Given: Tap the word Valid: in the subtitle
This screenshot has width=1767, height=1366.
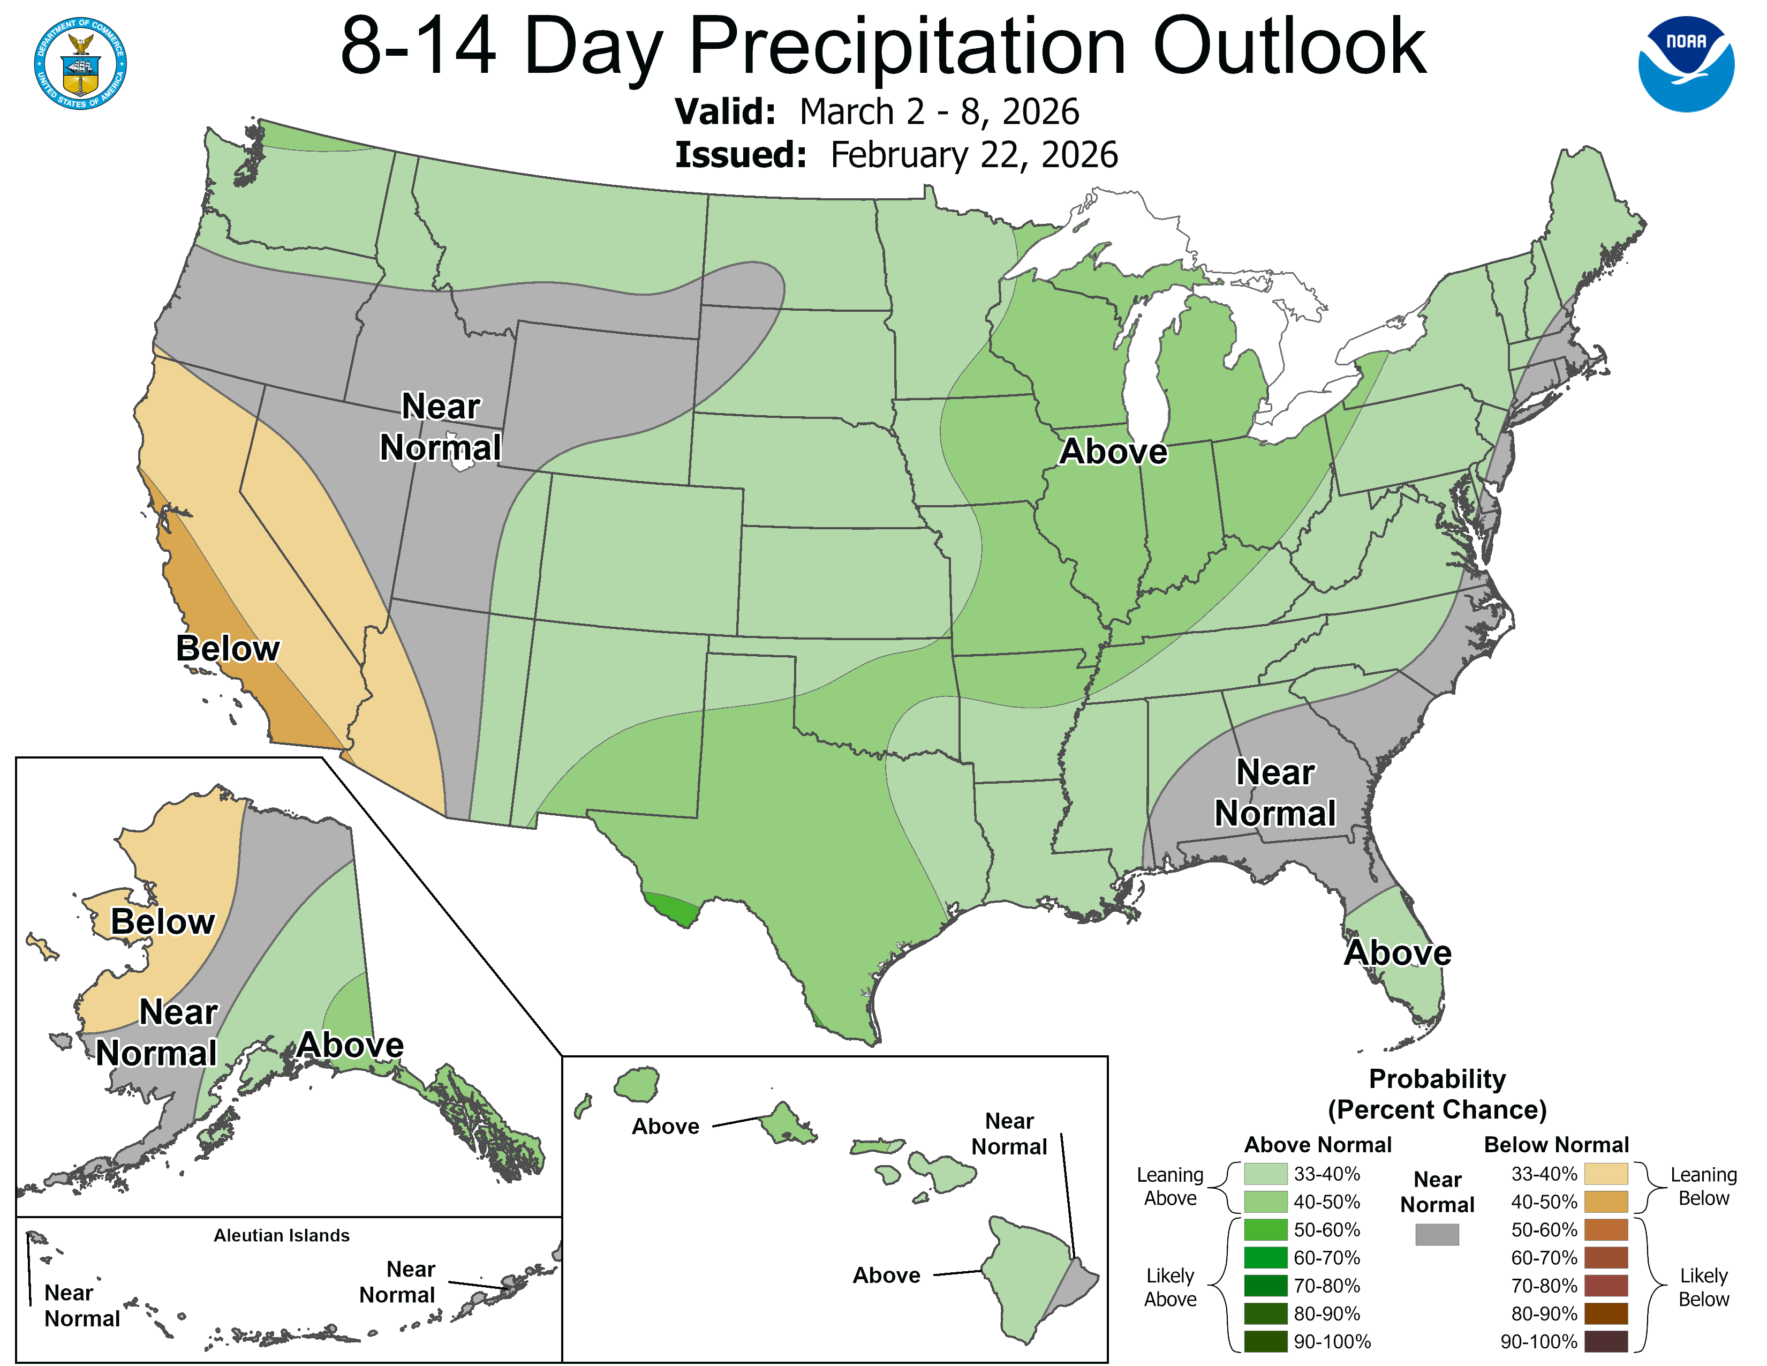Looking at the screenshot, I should point(725,111).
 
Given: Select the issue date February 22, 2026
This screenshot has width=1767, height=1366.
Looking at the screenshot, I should point(973,155).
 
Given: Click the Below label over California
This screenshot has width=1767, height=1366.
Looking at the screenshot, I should point(228,648).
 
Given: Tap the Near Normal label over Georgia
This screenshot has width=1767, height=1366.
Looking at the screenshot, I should point(1274,792).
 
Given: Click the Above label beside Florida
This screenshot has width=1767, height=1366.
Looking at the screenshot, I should point(1397,952).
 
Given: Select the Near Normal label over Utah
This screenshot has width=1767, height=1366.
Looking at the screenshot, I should point(440,426).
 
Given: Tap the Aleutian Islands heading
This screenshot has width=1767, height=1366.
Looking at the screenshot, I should point(282,1235).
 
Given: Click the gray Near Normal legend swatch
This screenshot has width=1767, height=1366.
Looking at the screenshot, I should point(1437,1234).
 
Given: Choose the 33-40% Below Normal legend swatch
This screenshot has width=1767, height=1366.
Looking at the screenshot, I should point(1605,1173).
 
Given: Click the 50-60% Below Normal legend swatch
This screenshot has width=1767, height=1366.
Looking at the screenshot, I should point(1605,1229).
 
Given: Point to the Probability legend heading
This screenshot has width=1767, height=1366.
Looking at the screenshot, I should point(1437,1079).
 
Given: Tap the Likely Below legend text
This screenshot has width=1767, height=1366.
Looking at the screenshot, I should point(1703,1287).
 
